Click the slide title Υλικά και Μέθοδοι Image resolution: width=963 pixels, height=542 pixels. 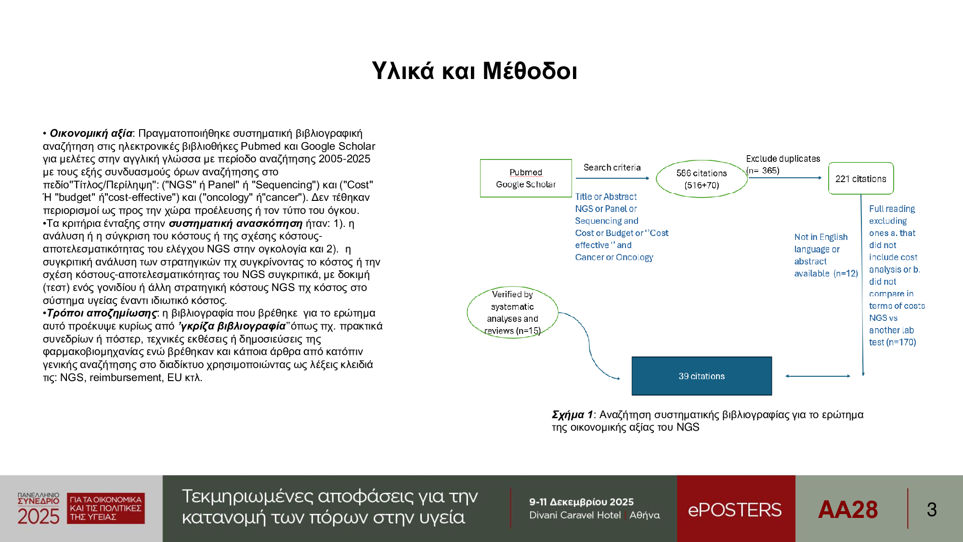point(474,71)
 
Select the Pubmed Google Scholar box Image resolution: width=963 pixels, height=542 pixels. point(526,178)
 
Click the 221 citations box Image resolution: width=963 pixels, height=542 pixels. point(861,179)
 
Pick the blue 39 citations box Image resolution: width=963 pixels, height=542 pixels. point(702,376)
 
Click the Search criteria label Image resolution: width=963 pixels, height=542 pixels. point(612,168)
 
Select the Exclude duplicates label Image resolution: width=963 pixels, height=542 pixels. point(783,159)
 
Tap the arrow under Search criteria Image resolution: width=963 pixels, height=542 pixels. point(612,178)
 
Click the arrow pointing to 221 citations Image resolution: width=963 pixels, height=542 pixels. point(785,178)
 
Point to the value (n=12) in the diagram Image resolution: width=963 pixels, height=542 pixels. point(846,274)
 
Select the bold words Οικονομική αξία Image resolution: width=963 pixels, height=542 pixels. point(91,133)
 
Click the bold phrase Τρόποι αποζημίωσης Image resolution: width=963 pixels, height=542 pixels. point(102,313)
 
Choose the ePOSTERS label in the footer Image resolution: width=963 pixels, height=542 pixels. point(735,510)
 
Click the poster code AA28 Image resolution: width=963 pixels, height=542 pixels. point(848,510)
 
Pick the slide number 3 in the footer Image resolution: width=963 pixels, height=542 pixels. point(932,510)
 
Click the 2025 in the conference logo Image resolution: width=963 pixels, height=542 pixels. point(39,516)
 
